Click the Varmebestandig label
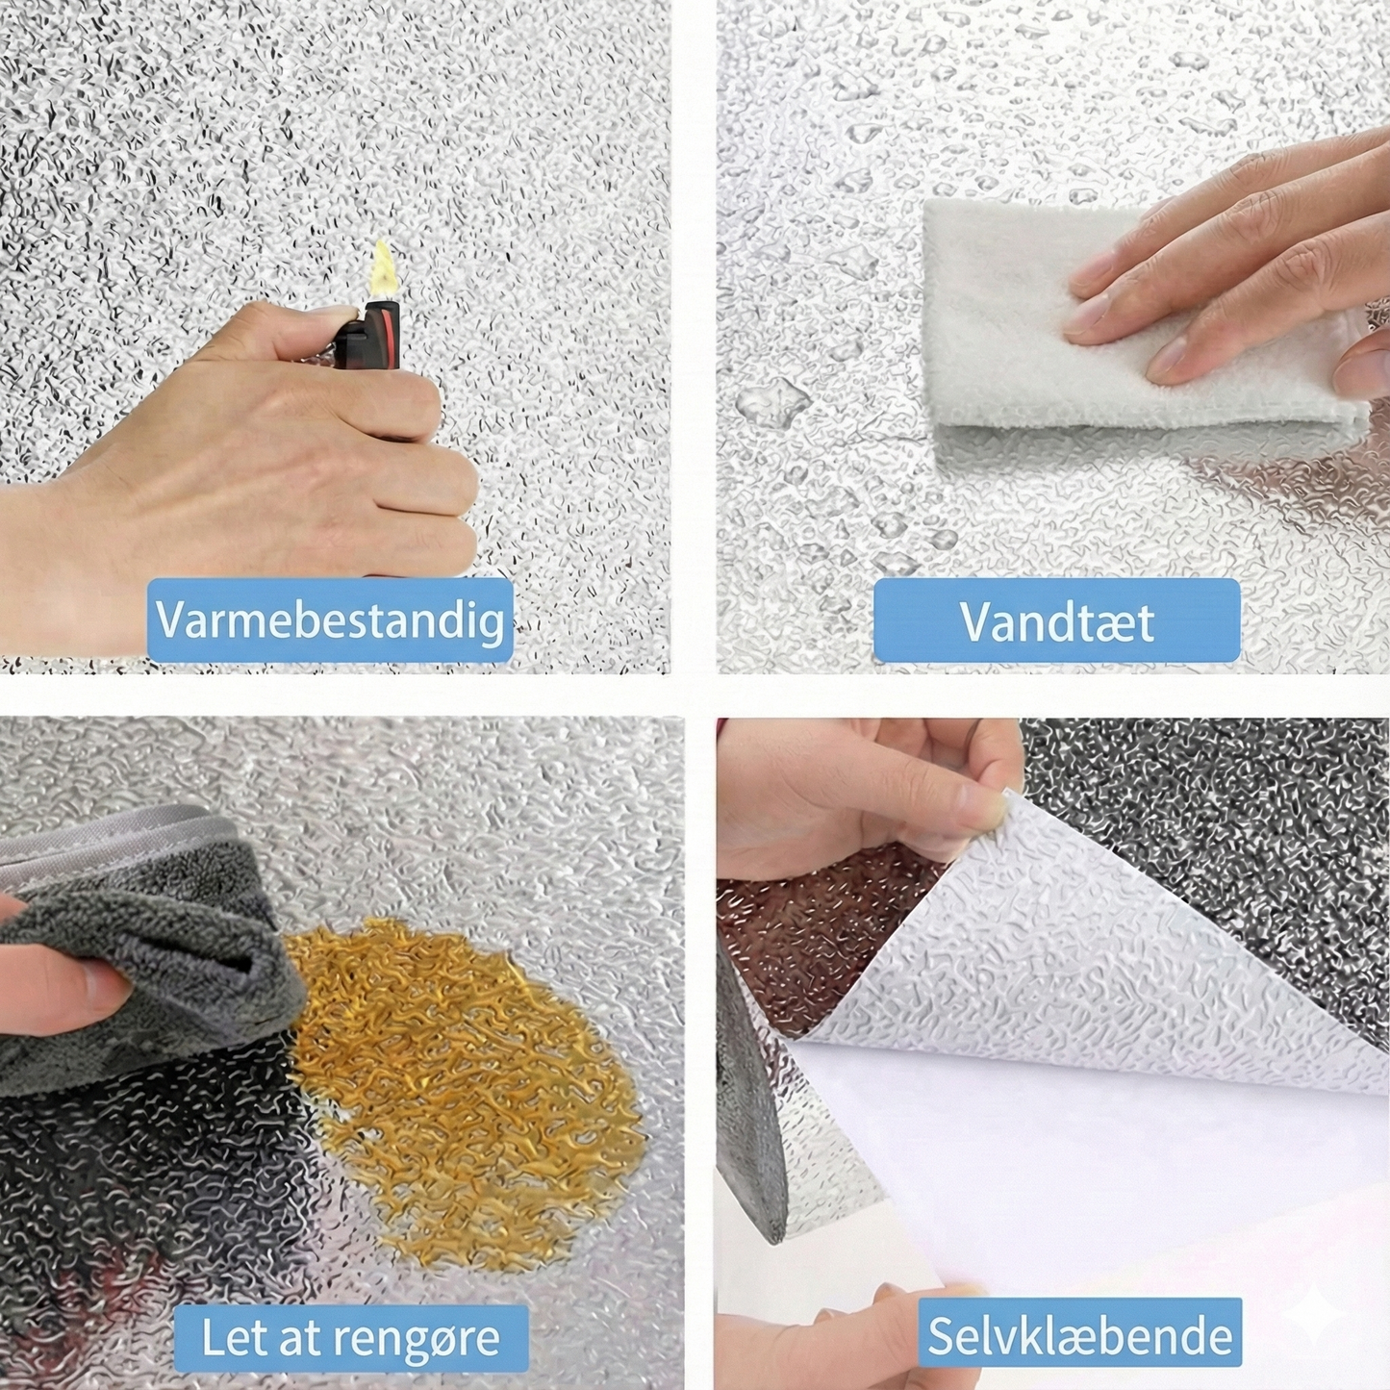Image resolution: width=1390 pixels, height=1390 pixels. pyautogui.click(x=330, y=619)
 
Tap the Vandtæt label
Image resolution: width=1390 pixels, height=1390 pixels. pyautogui.click(x=1057, y=619)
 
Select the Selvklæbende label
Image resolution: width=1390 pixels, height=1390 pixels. pyautogui.click(x=1080, y=1315)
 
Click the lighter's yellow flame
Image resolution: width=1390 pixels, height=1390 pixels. pyautogui.click(x=383, y=269)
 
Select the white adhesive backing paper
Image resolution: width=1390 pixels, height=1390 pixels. pyautogui.click(x=1082, y=1154)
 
